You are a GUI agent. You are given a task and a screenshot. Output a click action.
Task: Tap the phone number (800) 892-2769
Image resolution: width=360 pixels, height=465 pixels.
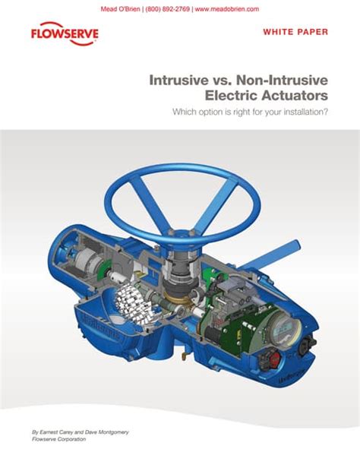coord(165,8)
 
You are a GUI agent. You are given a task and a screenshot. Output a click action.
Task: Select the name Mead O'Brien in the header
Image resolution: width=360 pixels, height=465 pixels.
coord(121,8)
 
